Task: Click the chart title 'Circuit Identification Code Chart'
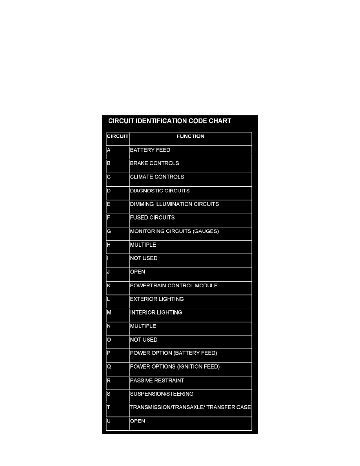point(169,121)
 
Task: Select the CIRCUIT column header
point(118,137)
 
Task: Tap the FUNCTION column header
point(190,137)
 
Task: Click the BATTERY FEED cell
point(150,150)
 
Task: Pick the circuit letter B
point(108,163)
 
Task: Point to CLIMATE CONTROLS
point(157,177)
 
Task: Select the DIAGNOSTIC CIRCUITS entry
point(160,191)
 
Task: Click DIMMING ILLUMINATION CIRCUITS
point(174,204)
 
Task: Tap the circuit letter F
point(108,217)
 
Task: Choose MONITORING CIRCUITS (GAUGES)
point(174,231)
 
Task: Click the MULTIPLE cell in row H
point(143,245)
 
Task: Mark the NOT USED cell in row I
point(144,258)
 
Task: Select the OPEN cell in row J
point(137,272)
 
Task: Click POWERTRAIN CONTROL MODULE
point(174,286)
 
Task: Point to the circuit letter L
point(108,299)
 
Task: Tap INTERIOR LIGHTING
point(156,313)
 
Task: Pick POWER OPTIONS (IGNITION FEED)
point(175,367)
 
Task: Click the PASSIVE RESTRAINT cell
point(157,380)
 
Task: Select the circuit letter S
point(108,394)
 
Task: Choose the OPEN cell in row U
point(137,421)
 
